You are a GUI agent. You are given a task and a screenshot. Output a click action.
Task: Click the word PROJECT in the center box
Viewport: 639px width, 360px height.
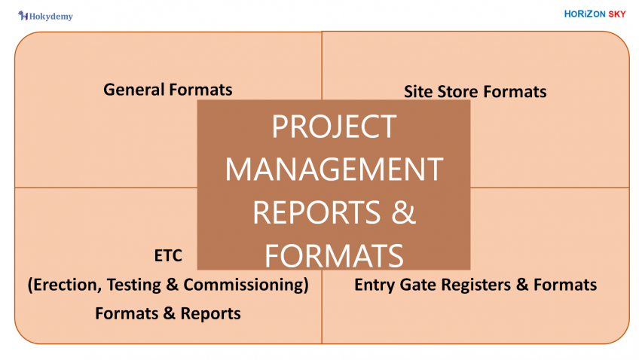(x=334, y=127)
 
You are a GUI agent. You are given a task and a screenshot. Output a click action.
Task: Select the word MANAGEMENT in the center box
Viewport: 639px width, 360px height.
(x=334, y=169)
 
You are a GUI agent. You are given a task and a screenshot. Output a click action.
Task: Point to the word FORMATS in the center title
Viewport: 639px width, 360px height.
(x=334, y=256)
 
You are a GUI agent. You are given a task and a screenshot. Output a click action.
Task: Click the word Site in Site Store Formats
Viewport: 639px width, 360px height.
(x=418, y=92)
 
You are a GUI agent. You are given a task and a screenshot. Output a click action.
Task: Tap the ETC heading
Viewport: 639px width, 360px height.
(x=168, y=256)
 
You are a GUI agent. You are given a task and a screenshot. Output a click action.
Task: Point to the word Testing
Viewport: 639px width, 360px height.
(x=136, y=285)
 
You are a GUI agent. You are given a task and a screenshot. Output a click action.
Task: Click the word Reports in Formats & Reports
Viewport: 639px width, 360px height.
(x=211, y=313)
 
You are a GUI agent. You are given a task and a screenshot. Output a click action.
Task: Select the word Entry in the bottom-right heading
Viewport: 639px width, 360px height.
(x=374, y=285)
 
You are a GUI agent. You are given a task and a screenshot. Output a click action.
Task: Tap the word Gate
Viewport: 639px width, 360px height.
(x=417, y=285)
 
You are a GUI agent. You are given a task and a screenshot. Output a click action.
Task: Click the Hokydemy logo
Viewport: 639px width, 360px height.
(x=46, y=15)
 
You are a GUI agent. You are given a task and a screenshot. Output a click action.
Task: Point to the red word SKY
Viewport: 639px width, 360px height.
(x=616, y=14)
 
